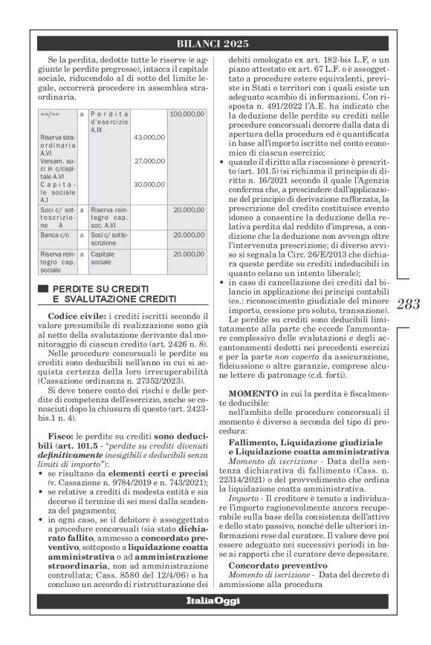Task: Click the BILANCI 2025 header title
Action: point(215,43)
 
